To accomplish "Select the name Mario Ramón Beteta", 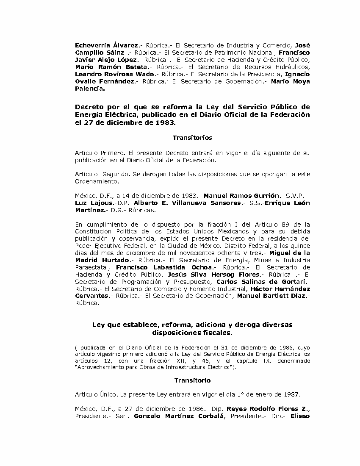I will point(111,67).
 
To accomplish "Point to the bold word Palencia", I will point(89,89).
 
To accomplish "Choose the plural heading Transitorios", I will point(192,138).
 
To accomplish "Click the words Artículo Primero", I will point(99,153).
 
